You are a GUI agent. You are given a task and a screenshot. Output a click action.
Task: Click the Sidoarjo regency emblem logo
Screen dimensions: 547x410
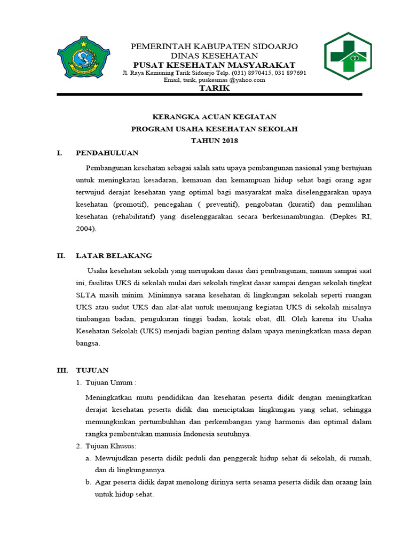tap(83, 56)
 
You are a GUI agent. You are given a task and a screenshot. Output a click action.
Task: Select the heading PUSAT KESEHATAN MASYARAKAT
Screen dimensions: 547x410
tap(214, 65)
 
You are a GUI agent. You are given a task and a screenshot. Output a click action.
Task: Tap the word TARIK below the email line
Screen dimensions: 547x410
tap(214, 88)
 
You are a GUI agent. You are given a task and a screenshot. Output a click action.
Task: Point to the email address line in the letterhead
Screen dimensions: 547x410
tap(214, 80)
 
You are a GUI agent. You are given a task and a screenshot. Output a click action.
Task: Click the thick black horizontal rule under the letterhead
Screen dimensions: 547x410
tap(209, 95)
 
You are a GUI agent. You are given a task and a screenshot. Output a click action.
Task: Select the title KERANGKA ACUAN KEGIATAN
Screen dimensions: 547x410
tap(214, 116)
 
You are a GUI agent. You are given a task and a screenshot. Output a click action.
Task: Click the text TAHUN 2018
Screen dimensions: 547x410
tap(214, 141)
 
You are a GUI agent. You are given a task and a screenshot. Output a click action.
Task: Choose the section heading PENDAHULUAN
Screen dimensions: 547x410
tap(107, 153)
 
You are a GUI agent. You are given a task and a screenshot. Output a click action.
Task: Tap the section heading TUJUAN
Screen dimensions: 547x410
tap(92, 370)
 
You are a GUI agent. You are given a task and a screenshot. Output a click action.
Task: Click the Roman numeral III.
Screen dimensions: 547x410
tap(63, 370)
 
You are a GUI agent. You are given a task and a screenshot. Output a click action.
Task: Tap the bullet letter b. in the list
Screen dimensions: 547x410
tap(88, 482)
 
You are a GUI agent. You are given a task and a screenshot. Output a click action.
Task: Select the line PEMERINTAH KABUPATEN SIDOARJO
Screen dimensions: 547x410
tap(214, 46)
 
